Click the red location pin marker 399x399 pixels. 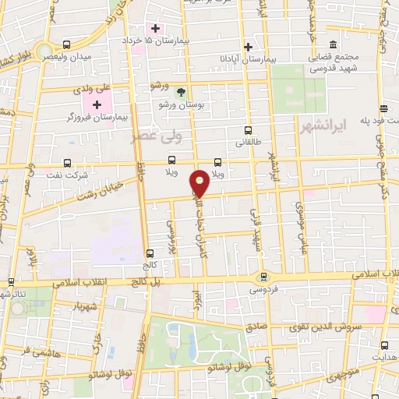[200, 183]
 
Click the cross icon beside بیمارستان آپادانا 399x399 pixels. [248, 46]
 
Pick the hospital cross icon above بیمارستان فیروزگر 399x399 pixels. [97, 104]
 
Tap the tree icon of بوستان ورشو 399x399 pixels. [181, 92]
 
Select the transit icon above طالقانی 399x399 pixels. [248, 130]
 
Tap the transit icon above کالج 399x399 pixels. [150, 252]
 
